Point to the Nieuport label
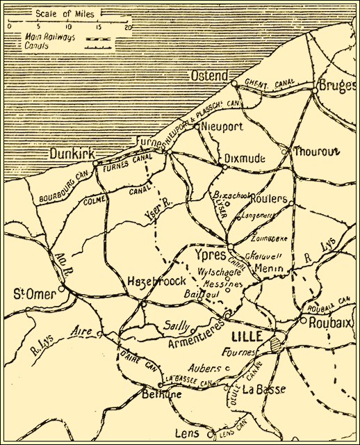(222, 127)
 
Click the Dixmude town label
(245, 159)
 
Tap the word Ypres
(210, 254)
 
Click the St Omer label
(35, 294)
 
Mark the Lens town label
(188, 433)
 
